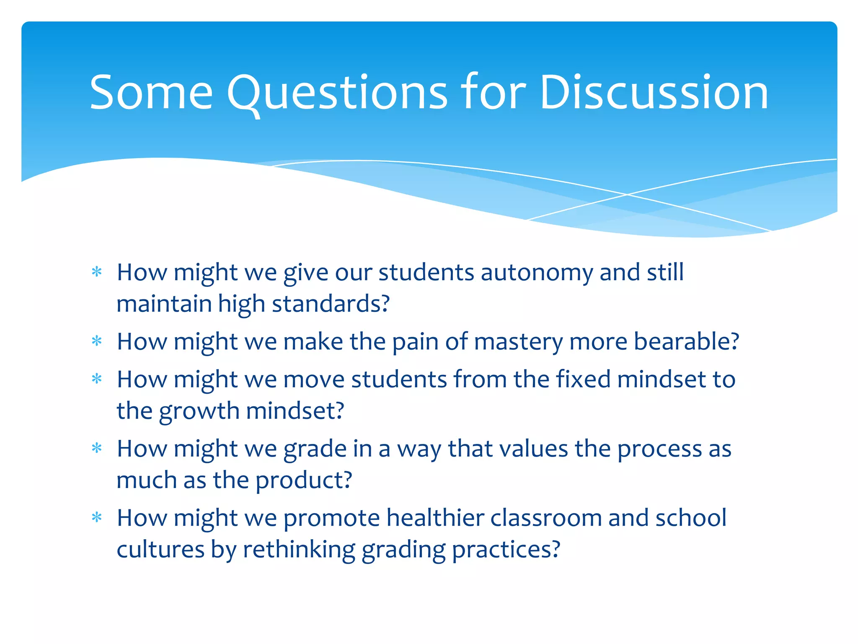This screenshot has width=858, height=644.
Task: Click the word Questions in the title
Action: (x=337, y=93)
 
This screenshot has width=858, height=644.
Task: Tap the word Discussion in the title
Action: (x=654, y=93)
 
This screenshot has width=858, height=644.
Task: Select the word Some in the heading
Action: (x=151, y=93)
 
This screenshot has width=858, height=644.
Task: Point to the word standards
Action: (x=330, y=304)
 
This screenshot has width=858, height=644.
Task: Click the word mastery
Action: (x=518, y=342)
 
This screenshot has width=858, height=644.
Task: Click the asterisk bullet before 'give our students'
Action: (x=97, y=272)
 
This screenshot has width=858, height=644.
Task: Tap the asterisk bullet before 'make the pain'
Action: (x=97, y=341)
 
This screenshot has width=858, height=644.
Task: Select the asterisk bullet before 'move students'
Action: (x=97, y=379)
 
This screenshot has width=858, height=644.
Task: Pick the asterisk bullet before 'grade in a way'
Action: (x=97, y=449)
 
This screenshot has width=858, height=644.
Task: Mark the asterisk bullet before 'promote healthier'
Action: (x=97, y=518)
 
